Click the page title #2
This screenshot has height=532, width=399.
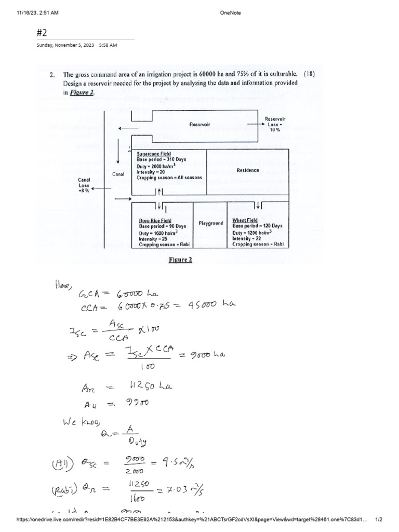tap(42, 33)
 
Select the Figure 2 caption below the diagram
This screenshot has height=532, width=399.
tap(181, 260)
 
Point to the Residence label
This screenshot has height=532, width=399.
tap(248, 170)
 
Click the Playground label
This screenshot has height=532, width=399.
tap(211, 223)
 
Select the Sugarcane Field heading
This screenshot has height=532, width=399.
tap(154, 154)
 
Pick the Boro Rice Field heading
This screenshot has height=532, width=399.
tap(155, 220)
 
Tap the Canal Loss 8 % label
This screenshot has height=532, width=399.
tap(84, 184)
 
